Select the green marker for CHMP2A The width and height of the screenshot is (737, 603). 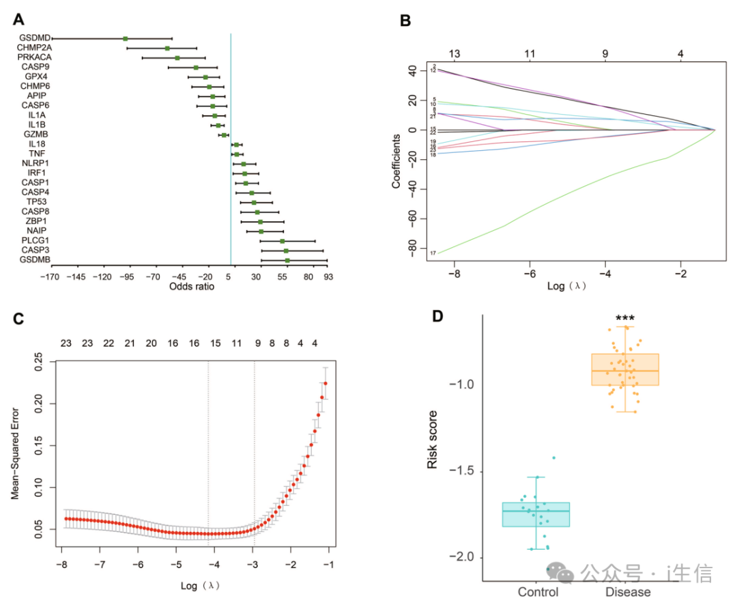click(167, 48)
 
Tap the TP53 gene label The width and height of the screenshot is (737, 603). click(37, 202)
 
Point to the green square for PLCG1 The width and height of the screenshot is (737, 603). click(282, 241)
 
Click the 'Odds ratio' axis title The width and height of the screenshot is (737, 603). click(192, 287)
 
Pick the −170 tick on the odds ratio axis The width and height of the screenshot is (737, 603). click(49, 277)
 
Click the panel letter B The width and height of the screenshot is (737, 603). click(405, 21)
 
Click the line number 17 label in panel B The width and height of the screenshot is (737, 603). click(433, 253)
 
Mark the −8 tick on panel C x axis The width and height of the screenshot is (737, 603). click(62, 564)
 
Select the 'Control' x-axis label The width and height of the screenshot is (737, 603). click(538, 592)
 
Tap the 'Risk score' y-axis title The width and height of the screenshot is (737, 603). click(432, 439)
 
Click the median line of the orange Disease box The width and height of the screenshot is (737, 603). click(624, 371)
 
